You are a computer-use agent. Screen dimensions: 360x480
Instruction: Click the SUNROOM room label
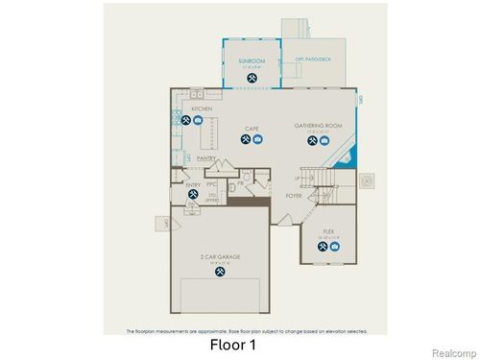(x=251, y=60)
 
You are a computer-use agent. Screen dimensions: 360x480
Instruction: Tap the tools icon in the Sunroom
(x=251, y=78)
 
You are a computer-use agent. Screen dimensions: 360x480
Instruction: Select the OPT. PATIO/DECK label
(x=314, y=58)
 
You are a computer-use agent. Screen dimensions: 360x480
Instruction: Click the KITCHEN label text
(x=202, y=109)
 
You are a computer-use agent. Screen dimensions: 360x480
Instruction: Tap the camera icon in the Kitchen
(x=197, y=120)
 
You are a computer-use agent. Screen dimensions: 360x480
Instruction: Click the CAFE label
(x=252, y=129)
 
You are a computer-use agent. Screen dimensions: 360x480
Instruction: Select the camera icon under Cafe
(x=258, y=140)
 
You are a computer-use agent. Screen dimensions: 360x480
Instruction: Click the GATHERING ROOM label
(x=318, y=126)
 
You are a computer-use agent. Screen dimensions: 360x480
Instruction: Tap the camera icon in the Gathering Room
(x=324, y=141)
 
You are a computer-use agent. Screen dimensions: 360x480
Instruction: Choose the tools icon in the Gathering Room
(x=311, y=141)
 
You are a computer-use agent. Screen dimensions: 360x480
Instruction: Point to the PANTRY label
(x=206, y=158)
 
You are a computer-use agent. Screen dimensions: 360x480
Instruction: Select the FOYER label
(x=294, y=195)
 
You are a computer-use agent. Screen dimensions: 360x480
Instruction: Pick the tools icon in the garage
(x=221, y=272)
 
